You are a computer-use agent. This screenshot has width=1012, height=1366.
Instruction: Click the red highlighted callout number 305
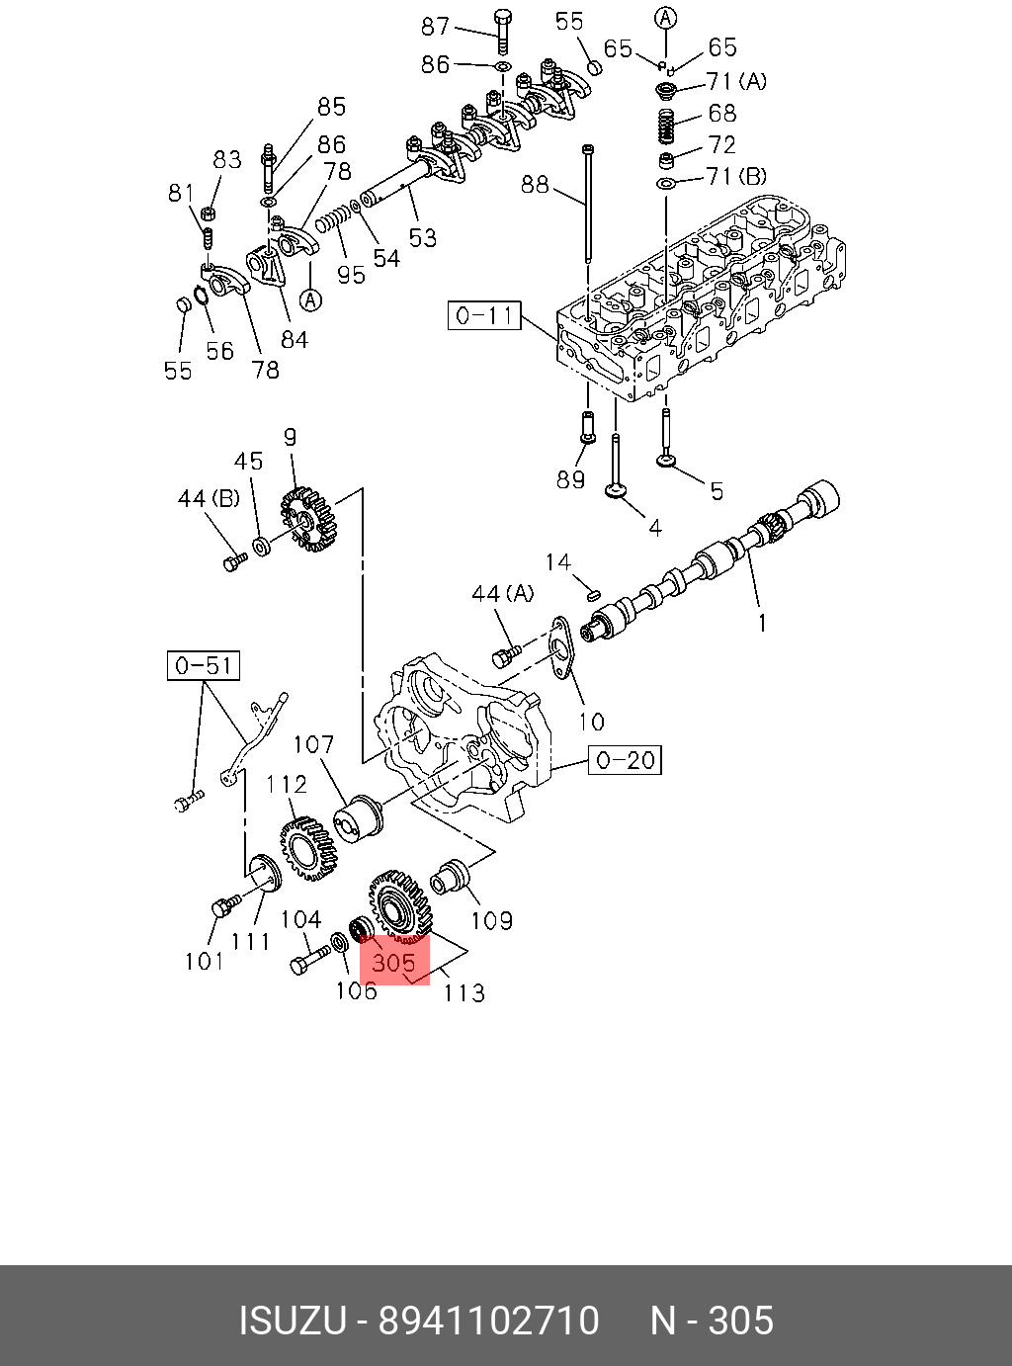coord(393,960)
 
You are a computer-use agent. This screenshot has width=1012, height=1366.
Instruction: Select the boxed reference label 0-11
coord(484,315)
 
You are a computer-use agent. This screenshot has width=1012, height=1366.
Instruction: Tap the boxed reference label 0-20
coord(626,760)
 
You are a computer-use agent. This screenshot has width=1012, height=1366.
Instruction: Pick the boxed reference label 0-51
coord(204,666)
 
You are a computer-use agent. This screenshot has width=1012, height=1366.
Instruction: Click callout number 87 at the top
coord(436,27)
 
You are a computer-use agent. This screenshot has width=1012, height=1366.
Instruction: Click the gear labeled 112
coord(308,848)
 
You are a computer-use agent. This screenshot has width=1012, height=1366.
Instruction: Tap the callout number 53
coord(423,237)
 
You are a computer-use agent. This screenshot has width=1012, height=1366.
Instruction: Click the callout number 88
coord(535,184)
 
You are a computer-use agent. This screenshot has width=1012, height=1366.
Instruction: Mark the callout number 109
coord(491,921)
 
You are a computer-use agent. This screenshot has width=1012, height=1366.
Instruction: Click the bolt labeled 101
coord(224,906)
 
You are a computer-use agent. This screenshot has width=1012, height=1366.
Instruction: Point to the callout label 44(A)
coord(502,593)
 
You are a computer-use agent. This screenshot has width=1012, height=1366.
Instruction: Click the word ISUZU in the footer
coord(293,1321)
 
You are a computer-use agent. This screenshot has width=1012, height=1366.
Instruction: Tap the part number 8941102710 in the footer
coord(489,1321)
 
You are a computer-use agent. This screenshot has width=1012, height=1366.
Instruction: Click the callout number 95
coord(351,274)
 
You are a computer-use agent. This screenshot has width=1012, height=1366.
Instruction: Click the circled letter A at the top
coord(666,17)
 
